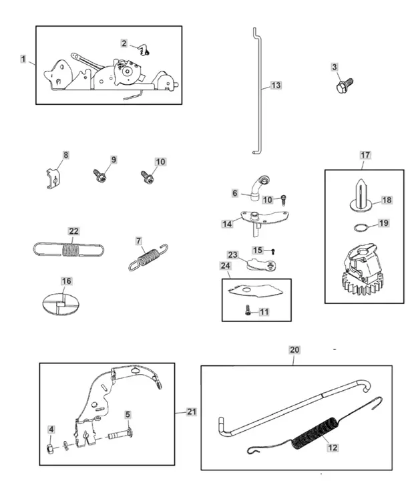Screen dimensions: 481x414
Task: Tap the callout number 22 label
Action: pyautogui.click(x=73, y=231)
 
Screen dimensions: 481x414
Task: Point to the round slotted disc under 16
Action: pyautogui.click(x=60, y=303)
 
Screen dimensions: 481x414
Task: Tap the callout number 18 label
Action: pyautogui.click(x=387, y=200)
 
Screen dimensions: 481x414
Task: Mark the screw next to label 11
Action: pyautogui.click(x=246, y=310)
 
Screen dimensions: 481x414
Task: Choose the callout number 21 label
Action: pyautogui.click(x=192, y=412)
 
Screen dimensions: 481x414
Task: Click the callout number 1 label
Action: pyautogui.click(x=23, y=59)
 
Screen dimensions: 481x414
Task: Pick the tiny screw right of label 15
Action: pyautogui.click(x=272, y=251)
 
